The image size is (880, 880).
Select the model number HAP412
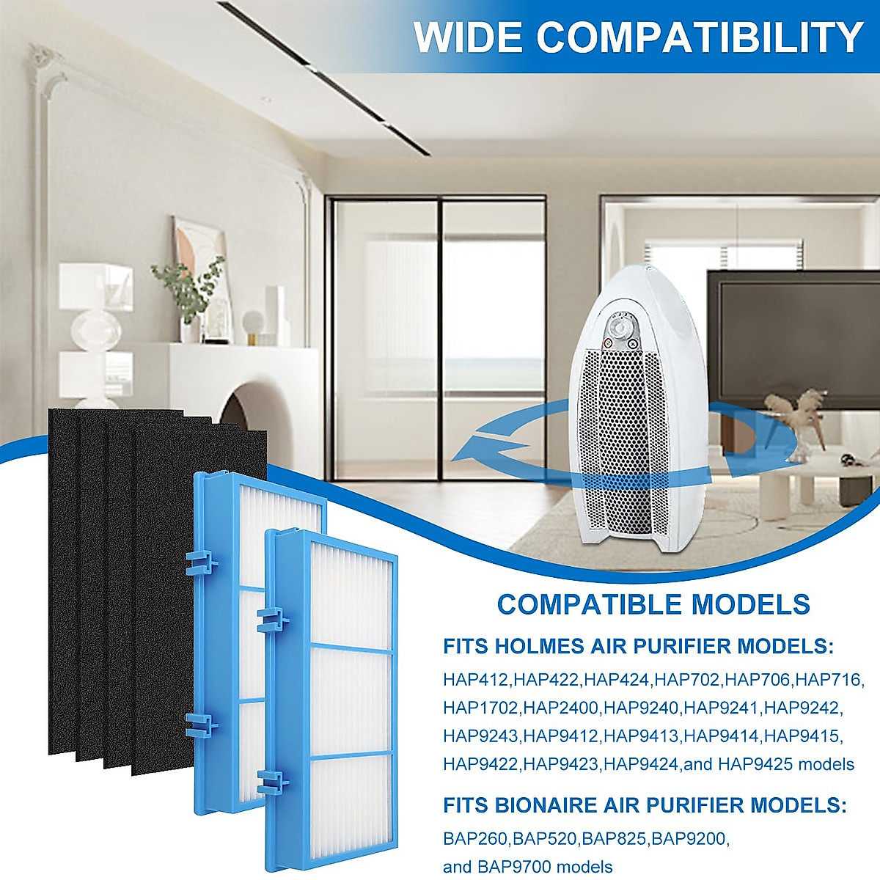tap(475, 680)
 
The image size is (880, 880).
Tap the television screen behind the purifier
tap(792, 330)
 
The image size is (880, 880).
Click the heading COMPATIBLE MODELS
tap(653, 605)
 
